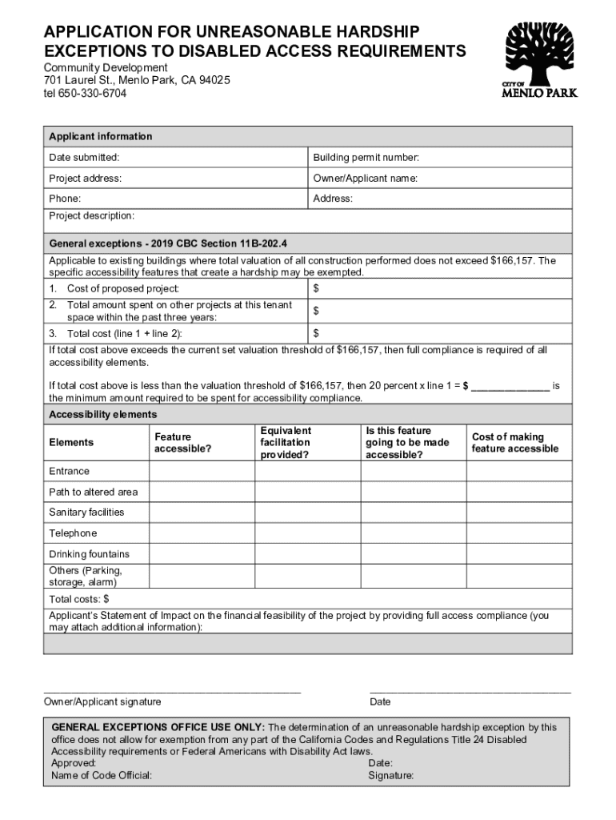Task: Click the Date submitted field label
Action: tap(84, 158)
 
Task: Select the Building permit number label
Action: tap(366, 158)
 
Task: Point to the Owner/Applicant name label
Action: tap(365, 179)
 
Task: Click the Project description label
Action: tap(91, 216)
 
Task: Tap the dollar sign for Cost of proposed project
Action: tap(317, 288)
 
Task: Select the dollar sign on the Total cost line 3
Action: tap(317, 333)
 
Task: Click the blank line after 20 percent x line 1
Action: tap(510, 386)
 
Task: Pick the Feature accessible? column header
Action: tap(183, 443)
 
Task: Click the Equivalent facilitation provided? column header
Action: tap(286, 443)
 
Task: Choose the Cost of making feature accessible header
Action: tap(515, 443)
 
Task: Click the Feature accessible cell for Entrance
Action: tap(202, 472)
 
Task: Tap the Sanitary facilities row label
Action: tap(86, 512)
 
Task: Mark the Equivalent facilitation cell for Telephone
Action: tap(307, 533)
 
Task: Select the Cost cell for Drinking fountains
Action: tap(519, 554)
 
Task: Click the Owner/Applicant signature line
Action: tap(172, 689)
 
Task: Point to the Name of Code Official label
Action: tap(102, 775)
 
